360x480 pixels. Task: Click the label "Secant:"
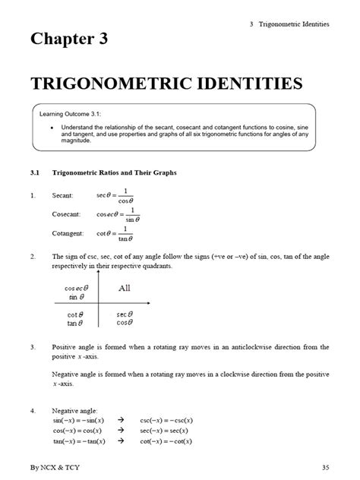coord(63,196)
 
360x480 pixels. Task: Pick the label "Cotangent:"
coord(68,234)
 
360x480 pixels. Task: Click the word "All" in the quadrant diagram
coord(125,289)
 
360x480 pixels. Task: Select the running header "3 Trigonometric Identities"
coord(289,24)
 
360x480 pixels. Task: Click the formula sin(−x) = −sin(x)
coord(80,418)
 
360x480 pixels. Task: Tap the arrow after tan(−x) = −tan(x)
coord(121,441)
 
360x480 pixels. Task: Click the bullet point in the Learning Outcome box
coord(51,128)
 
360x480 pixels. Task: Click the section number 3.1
coord(35,173)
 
